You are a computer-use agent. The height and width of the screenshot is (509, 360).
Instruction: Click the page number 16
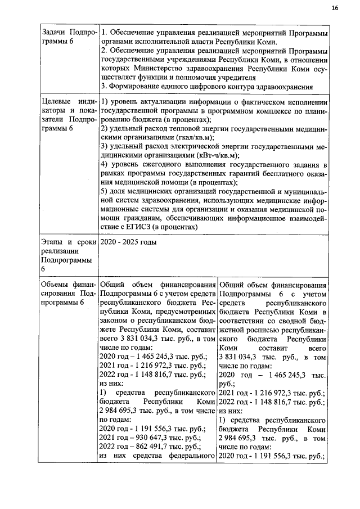[335, 8]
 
